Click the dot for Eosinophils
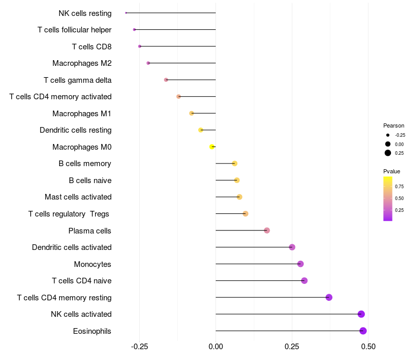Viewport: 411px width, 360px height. (363, 331)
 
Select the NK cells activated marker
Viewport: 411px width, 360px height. (361, 314)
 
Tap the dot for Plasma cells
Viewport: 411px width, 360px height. (267, 230)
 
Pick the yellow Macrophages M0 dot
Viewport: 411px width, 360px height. (212, 147)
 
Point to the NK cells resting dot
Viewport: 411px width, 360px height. (126, 13)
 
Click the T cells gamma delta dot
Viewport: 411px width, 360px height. (166, 80)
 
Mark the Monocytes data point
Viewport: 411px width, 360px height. (301, 264)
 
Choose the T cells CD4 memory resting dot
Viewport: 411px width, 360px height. (329, 297)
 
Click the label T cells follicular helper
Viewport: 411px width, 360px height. (74, 30)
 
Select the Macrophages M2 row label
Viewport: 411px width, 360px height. (82, 63)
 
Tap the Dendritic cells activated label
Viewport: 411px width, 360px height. (71, 247)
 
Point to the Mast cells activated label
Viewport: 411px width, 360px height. (78, 197)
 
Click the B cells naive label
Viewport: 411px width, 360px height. (90, 181)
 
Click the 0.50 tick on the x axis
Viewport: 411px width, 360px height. (368, 347)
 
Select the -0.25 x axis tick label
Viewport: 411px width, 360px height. (139, 347)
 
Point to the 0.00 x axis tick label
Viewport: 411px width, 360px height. (216, 347)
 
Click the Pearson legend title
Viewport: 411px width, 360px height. (394, 125)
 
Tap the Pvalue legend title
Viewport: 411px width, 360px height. (391, 171)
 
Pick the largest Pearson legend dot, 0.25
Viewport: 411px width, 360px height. (388, 153)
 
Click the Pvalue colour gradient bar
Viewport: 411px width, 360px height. (388, 199)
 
